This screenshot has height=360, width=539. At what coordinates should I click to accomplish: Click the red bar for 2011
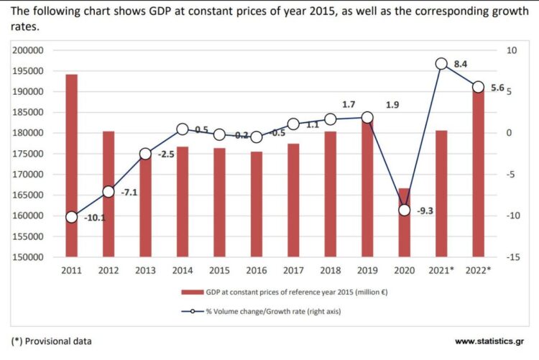71,165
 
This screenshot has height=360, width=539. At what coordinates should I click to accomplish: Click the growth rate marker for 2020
405,210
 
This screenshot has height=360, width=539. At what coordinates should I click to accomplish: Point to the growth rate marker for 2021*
442,64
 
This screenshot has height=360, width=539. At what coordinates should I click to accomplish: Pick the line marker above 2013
145,154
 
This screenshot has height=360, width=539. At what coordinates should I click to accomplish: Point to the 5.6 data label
497,88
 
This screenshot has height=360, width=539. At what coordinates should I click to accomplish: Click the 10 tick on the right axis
511,51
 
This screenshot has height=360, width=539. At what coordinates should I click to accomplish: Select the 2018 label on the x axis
331,270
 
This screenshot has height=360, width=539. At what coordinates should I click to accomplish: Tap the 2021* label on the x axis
442,270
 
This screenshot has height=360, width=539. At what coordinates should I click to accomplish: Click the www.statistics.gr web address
489,341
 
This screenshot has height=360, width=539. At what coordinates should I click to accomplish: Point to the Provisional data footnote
52,341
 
